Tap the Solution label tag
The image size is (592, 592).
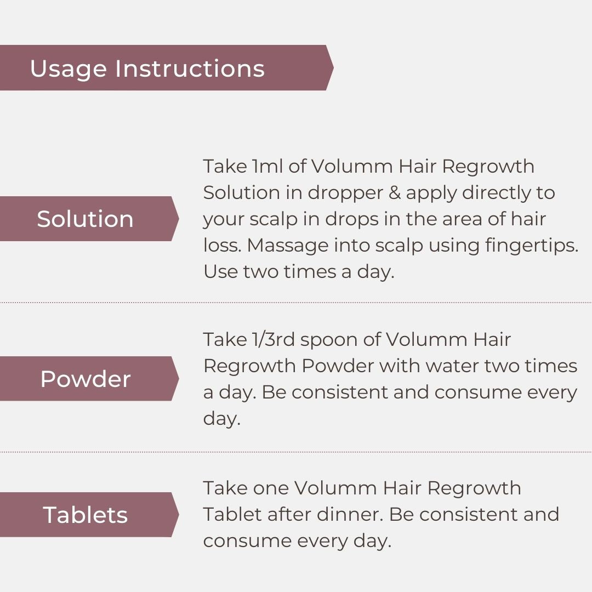pos(85,219)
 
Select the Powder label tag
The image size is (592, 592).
pos(85,379)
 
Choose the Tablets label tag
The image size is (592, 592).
pos(85,515)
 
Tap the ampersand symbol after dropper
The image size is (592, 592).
pos(390,193)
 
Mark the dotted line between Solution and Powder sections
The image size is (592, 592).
pos(296,302)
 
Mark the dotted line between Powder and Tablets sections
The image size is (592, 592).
pos(296,452)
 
